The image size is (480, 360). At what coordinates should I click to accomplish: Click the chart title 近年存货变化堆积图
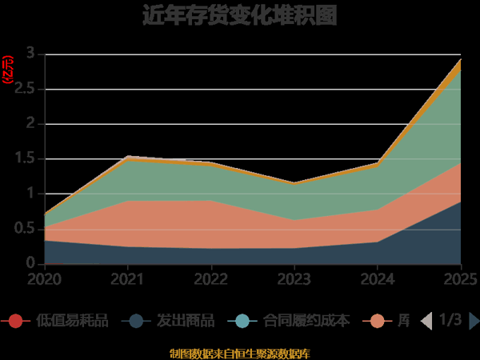point(240,15)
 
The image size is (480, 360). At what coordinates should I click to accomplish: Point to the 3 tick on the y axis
point(30,54)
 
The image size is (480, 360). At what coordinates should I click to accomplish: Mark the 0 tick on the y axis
point(30,263)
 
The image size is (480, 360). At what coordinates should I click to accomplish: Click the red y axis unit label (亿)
point(8,70)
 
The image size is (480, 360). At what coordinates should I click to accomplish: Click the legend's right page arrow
point(474,321)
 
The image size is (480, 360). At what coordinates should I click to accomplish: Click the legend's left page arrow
point(426,321)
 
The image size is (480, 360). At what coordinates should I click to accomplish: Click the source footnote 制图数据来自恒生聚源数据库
point(240,353)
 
